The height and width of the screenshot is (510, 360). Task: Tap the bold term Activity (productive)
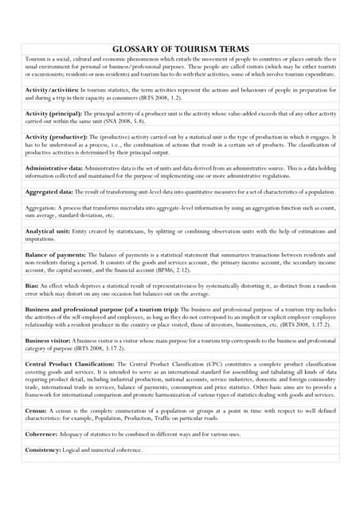57,137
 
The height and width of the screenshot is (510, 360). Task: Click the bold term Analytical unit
48,230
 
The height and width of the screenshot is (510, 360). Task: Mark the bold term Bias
33,284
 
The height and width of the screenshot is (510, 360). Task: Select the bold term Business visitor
50,339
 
